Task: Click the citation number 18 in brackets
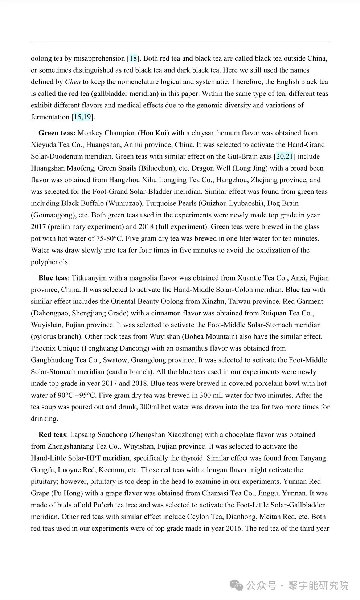133,58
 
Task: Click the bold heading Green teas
57,133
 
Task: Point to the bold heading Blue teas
53,278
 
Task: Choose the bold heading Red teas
52,435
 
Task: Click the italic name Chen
73,82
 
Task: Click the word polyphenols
50,262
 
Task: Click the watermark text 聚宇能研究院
318,585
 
